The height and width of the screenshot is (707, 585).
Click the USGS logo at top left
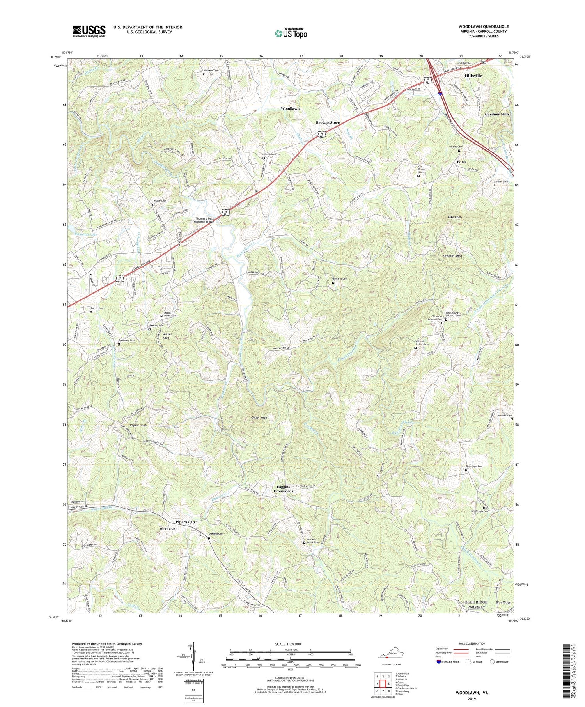pos(89,31)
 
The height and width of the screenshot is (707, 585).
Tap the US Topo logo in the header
pos(291,33)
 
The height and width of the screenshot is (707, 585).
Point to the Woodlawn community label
pos(290,108)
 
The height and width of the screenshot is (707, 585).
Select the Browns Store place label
pos(328,122)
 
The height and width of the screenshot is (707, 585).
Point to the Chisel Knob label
pos(259,418)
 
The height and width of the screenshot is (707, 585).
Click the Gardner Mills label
pos(497,114)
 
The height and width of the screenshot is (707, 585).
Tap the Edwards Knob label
pos(452,256)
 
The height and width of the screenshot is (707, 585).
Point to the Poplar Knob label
pos(138,424)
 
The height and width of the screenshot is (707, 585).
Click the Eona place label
pos(461,161)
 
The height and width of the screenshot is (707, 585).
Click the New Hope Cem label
pos(474,466)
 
